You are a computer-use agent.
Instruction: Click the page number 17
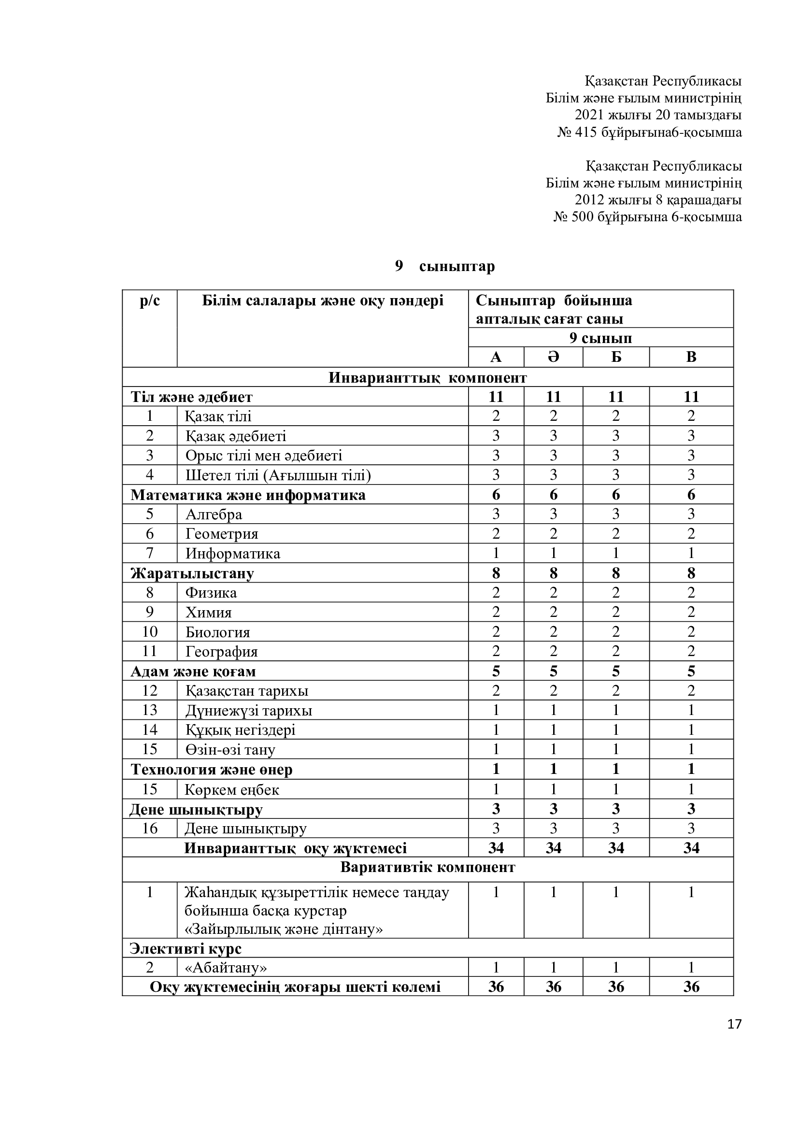[734, 1024]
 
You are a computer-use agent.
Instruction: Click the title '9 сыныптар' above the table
[445, 266]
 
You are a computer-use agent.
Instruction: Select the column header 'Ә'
[553, 357]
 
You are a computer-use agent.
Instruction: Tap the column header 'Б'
[616, 357]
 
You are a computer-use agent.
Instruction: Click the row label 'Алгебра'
[214, 515]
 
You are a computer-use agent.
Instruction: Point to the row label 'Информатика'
[233, 554]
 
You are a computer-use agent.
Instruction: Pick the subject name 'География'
[221, 652]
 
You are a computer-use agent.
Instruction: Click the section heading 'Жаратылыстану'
[192, 573]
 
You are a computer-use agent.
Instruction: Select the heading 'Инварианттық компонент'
[428, 377]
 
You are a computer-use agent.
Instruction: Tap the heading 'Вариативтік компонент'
[428, 867]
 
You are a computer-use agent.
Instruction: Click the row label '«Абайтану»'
[226, 968]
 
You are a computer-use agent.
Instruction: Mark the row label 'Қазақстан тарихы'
[246, 691]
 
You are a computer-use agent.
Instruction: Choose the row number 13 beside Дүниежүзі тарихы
[150, 710]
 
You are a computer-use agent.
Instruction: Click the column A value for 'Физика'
[496, 593]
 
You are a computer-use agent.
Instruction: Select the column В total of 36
[691, 987]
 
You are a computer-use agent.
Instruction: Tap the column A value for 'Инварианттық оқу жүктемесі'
[496, 847]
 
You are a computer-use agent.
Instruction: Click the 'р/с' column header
[150, 300]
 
